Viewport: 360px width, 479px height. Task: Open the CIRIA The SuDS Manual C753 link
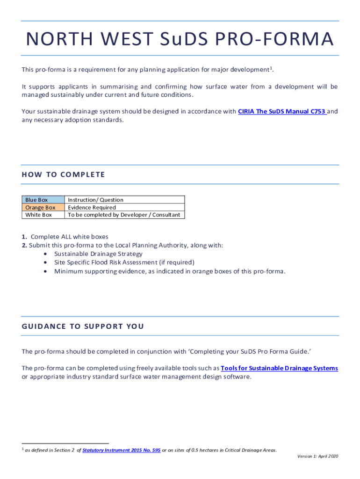coord(281,112)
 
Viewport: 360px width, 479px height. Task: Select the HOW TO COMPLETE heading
coord(63,174)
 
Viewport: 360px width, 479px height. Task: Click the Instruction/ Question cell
coord(95,200)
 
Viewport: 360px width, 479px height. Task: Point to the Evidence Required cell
coord(92,207)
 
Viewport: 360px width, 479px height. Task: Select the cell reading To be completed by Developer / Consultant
coord(124,215)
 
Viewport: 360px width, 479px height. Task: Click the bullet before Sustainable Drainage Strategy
coord(45,254)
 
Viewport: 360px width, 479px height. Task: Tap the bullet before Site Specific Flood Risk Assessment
coord(45,262)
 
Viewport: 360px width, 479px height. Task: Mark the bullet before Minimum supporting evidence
coord(45,271)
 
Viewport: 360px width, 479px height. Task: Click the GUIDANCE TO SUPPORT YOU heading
coord(83,326)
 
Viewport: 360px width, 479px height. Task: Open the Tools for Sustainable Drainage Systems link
coord(279,368)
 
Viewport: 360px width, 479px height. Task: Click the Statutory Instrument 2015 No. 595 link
coord(121,450)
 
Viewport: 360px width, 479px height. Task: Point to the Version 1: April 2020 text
coord(317,456)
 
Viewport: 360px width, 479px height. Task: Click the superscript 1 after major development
coord(271,68)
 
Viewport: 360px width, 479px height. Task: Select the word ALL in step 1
coord(64,237)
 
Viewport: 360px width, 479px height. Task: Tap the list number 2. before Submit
coord(24,245)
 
